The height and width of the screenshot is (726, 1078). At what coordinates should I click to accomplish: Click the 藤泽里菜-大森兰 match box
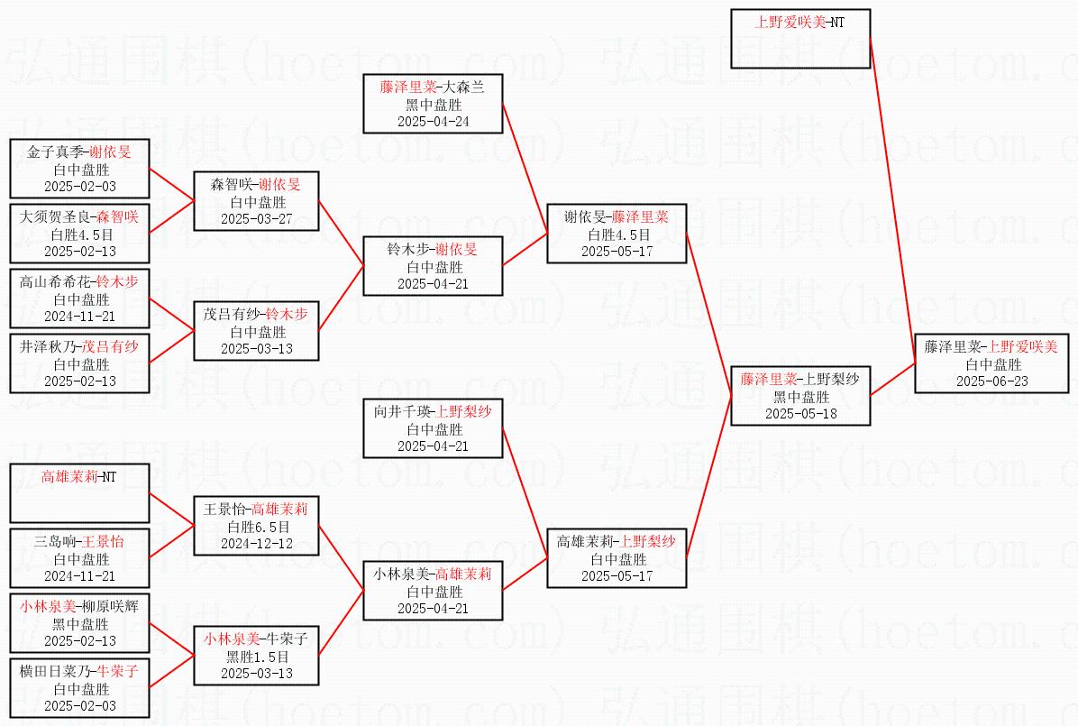click(432, 104)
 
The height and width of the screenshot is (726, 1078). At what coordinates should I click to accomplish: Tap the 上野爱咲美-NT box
click(799, 39)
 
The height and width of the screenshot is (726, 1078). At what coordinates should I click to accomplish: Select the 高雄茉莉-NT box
click(79, 492)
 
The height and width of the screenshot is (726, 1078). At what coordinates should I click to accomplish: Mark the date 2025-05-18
click(800, 413)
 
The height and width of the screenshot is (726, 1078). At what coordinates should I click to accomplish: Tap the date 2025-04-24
click(433, 121)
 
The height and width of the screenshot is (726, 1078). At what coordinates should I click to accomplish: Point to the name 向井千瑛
click(402, 412)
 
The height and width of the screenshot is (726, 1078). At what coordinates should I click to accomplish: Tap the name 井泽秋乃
click(49, 347)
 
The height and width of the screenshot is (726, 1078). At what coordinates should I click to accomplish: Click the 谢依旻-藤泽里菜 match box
click(617, 234)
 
